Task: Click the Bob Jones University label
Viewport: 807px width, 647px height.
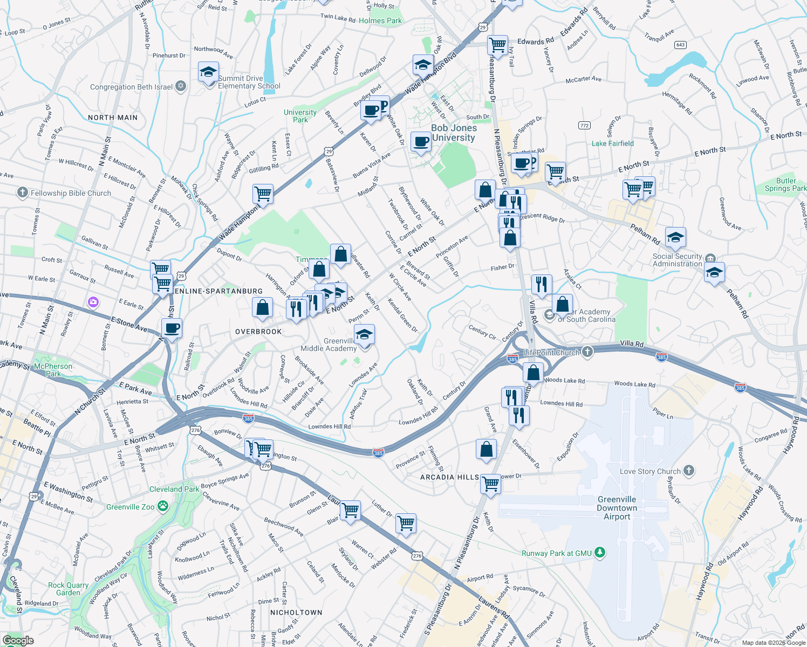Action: tap(454, 133)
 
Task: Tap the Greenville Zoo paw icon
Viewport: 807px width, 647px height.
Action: tap(162, 506)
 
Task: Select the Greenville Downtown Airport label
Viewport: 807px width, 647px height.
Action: tap(617, 508)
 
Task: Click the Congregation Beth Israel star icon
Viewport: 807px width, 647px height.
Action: tap(181, 86)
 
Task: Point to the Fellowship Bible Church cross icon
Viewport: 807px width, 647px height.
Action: tap(22, 192)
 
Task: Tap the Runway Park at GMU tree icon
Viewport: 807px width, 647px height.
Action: tap(599, 553)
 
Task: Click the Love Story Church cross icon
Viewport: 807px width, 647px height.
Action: tap(688, 471)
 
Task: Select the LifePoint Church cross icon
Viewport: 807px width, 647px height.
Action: tap(587, 352)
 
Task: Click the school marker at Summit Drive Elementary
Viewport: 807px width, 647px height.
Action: tap(208, 72)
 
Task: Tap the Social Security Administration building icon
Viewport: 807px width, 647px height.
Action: tap(710, 259)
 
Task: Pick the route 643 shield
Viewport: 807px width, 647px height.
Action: tap(680, 45)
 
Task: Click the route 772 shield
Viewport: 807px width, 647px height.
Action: tap(584, 125)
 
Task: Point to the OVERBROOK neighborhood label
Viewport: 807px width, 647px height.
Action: tap(258, 332)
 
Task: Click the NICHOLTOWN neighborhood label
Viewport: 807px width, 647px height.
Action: tap(296, 612)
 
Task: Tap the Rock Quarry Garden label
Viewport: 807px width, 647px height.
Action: tap(68, 589)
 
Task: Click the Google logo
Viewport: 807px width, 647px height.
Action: tap(18, 641)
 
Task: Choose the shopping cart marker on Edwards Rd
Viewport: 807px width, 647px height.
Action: tap(497, 44)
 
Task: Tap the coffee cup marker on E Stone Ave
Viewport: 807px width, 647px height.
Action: tap(172, 328)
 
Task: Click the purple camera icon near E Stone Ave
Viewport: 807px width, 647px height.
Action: tap(93, 302)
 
